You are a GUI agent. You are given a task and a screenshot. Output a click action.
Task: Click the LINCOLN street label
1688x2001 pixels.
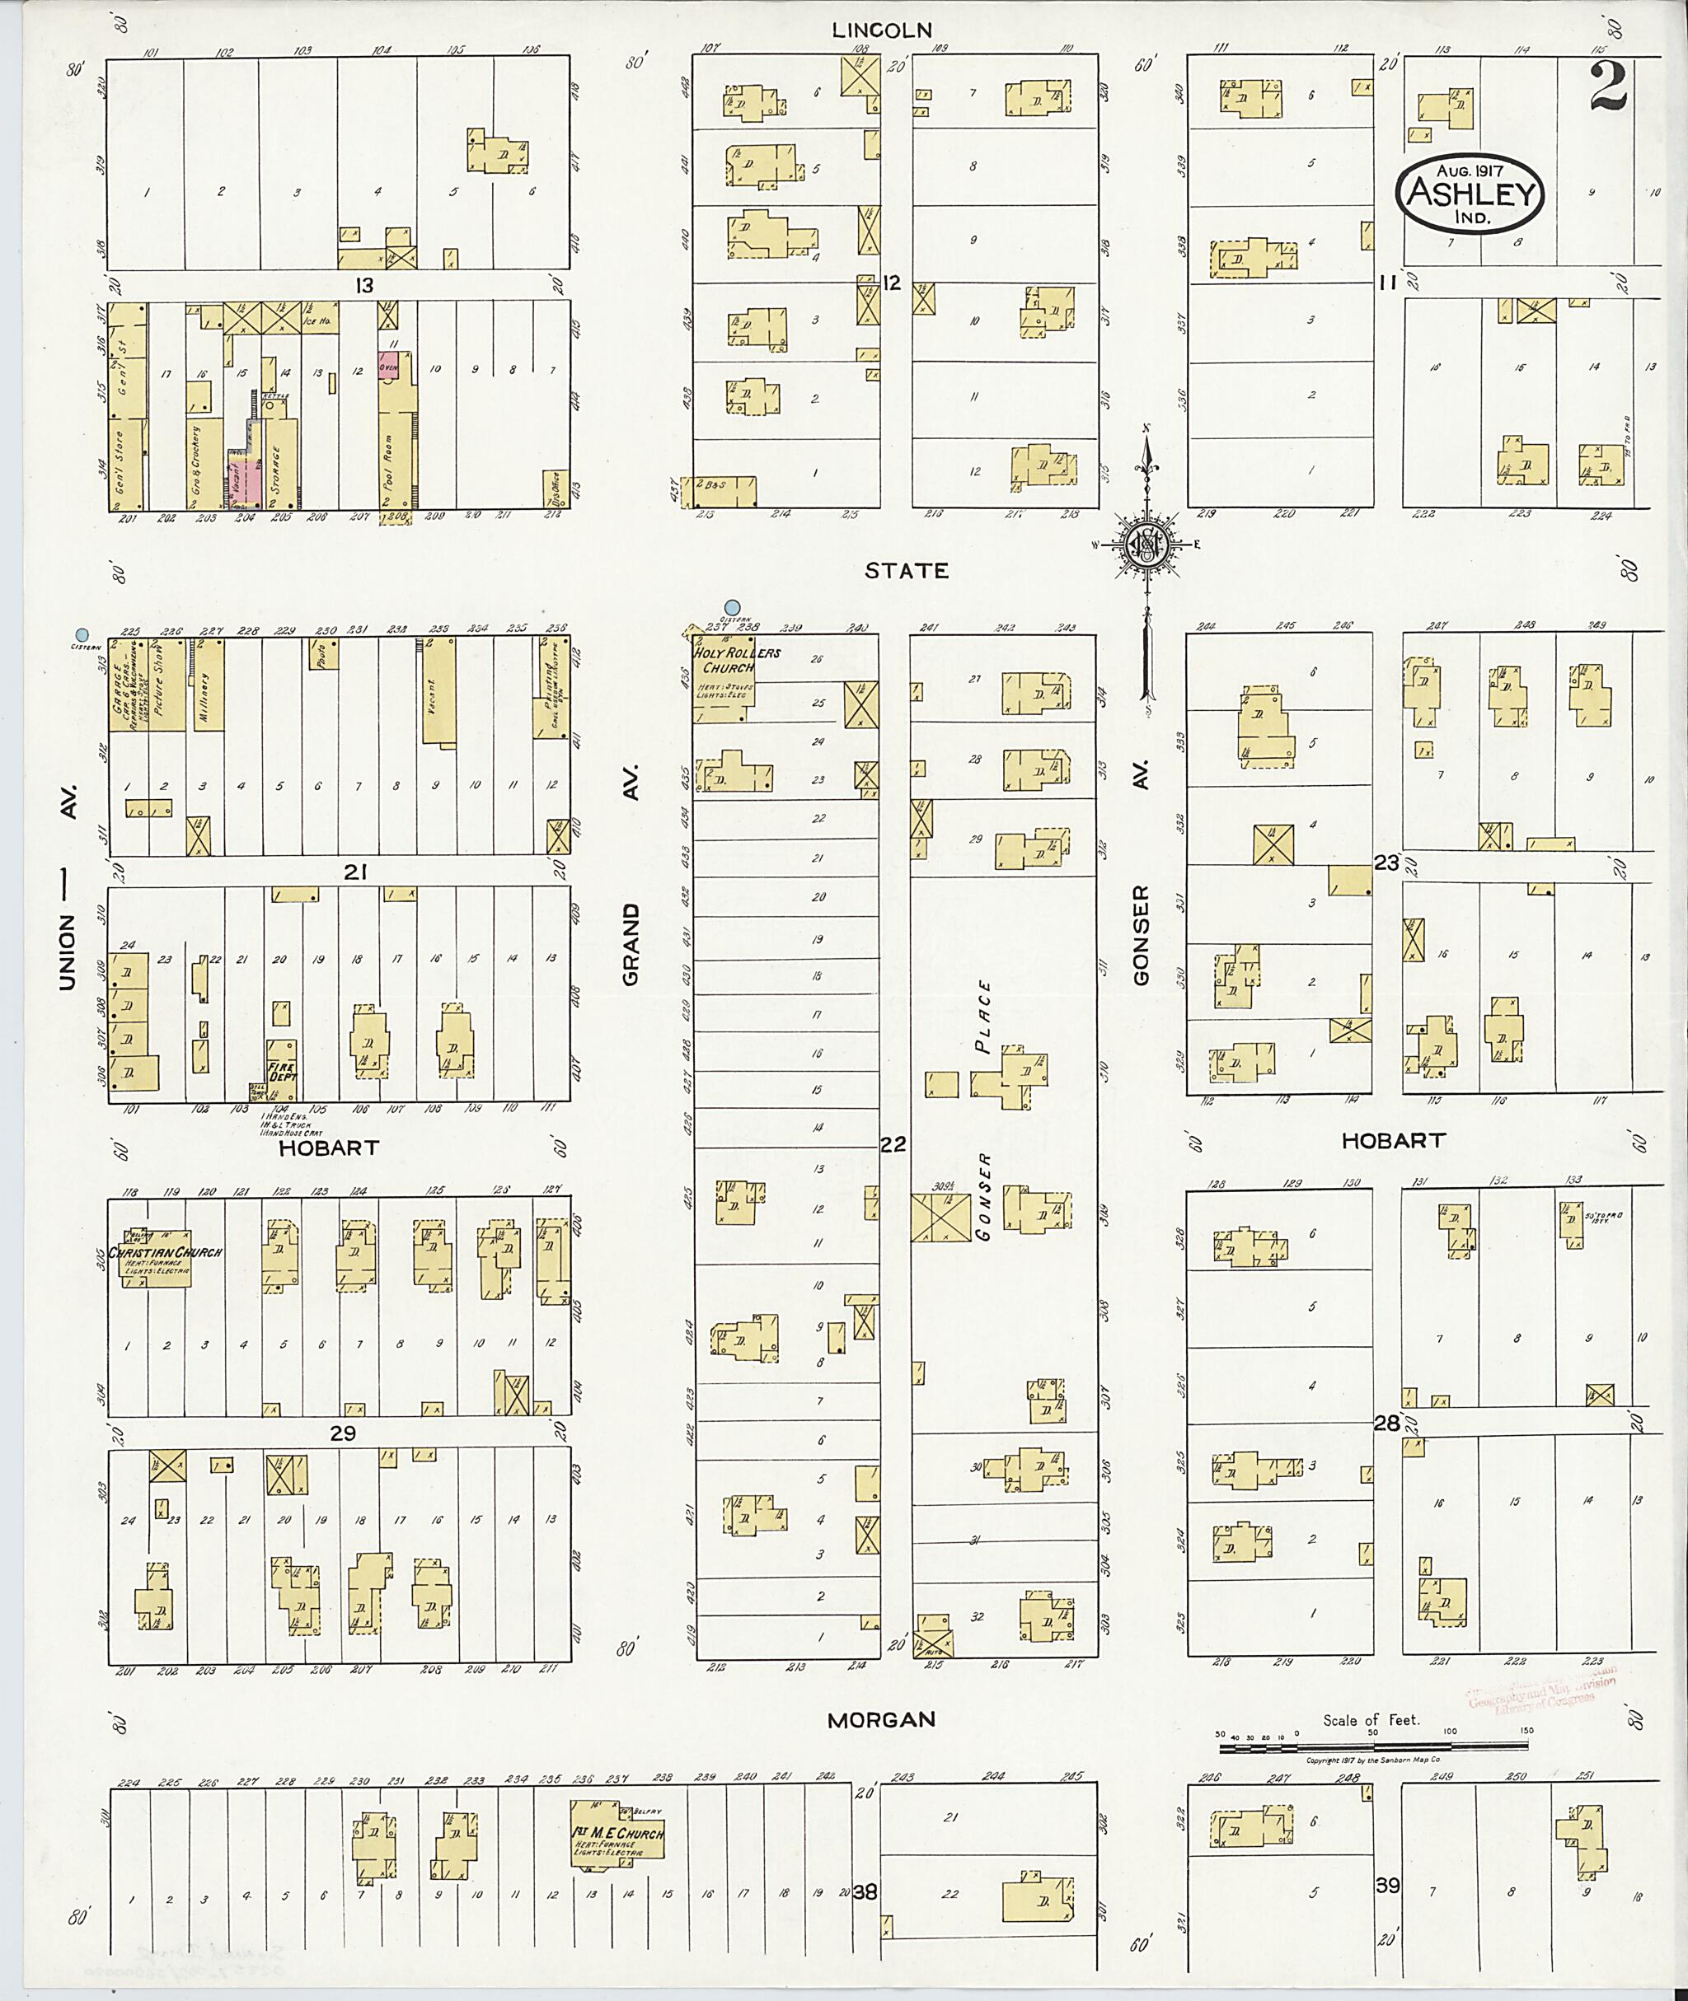(x=880, y=30)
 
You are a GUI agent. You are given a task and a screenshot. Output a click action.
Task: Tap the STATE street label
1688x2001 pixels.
(x=906, y=571)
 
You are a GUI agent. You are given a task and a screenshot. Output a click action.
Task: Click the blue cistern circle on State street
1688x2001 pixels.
(x=733, y=606)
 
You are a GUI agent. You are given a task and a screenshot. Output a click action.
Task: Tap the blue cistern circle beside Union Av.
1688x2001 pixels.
(x=82, y=634)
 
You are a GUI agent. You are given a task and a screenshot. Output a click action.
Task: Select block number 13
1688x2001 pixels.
(x=363, y=285)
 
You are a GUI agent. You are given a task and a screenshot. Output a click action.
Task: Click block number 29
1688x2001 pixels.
(x=343, y=1433)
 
